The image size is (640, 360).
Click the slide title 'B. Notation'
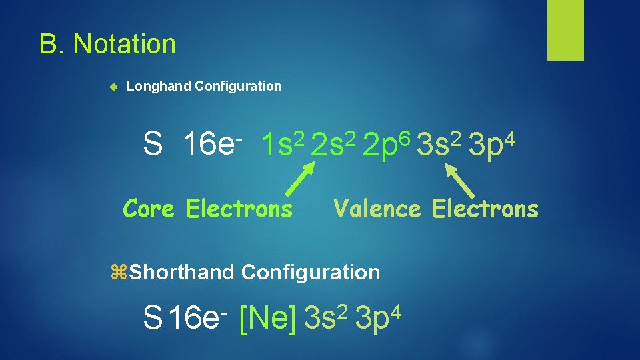coord(107,45)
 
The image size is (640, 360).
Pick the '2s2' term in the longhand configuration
coord(335,143)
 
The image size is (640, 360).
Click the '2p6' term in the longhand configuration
coord(387,143)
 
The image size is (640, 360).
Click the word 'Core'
coord(149,209)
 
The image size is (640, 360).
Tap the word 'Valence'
coord(377,209)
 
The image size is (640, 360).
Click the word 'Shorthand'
coord(182,272)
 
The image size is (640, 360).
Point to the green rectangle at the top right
coord(565,30)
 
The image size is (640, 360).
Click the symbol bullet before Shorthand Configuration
coord(121,272)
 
